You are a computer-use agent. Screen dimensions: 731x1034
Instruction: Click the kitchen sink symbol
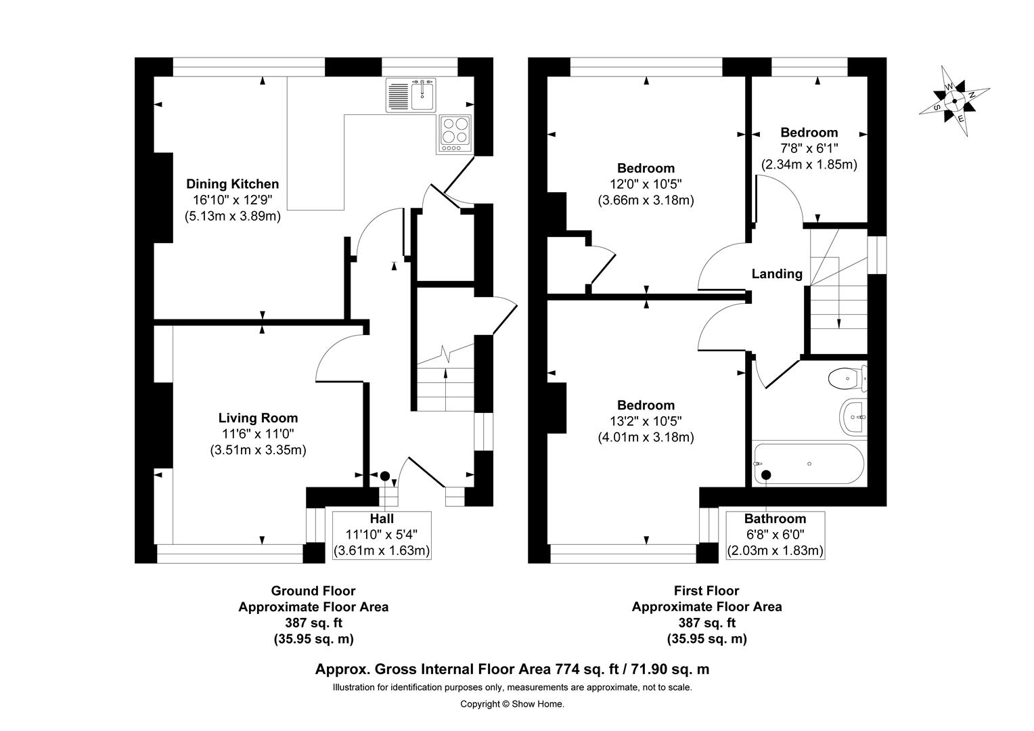point(412,95)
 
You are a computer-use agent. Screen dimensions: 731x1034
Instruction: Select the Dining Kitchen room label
point(232,184)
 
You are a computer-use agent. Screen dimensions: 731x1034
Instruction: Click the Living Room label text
point(258,418)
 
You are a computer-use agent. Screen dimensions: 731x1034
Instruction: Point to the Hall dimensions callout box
point(382,535)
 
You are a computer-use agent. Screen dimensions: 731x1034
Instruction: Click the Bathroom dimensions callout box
point(775,535)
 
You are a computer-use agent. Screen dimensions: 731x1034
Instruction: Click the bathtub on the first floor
point(808,464)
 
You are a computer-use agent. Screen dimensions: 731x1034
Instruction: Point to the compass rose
point(954,102)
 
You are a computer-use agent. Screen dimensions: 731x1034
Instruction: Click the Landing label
point(777,274)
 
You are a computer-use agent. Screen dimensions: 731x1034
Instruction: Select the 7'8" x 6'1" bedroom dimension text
point(809,148)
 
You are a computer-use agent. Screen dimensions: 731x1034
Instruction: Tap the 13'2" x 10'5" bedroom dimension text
point(646,421)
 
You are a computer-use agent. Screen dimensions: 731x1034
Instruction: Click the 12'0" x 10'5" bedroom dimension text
point(646,184)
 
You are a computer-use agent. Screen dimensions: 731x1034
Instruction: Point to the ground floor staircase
point(445,386)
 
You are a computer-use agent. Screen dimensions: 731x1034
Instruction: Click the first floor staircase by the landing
point(838,291)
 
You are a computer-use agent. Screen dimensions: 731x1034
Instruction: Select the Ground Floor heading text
point(313,591)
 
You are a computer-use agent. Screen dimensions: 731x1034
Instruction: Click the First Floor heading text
point(706,591)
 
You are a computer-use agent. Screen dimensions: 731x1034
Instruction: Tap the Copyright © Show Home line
point(512,704)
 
